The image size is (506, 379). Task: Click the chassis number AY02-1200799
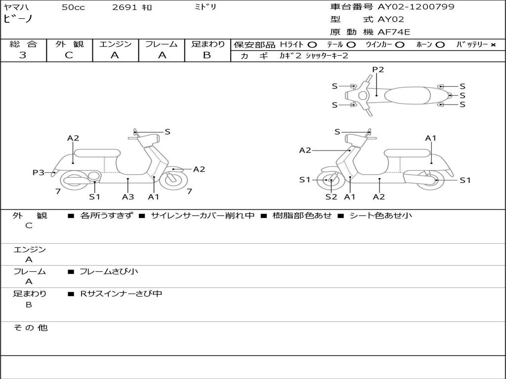(416, 6)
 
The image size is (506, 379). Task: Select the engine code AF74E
(394, 32)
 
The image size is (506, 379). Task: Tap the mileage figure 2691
(125, 7)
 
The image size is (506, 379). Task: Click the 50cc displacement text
(73, 7)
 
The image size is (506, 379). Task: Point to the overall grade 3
(23, 55)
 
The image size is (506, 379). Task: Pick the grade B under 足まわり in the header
(207, 55)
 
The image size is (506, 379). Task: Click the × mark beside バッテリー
(493, 45)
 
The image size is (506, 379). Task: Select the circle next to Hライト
(312, 45)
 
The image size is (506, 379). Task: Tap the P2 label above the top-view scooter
(378, 69)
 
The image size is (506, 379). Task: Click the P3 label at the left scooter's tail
(39, 172)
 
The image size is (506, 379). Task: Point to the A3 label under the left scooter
(128, 196)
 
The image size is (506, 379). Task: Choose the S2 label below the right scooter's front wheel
(331, 196)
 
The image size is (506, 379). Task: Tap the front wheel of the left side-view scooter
(173, 181)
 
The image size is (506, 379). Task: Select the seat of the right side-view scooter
(407, 153)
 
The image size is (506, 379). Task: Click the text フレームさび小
(109, 271)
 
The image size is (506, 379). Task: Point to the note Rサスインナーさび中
(121, 294)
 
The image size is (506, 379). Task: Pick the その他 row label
(30, 328)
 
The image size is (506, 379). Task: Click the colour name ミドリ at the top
(206, 7)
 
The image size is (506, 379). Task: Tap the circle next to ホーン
(440, 45)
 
